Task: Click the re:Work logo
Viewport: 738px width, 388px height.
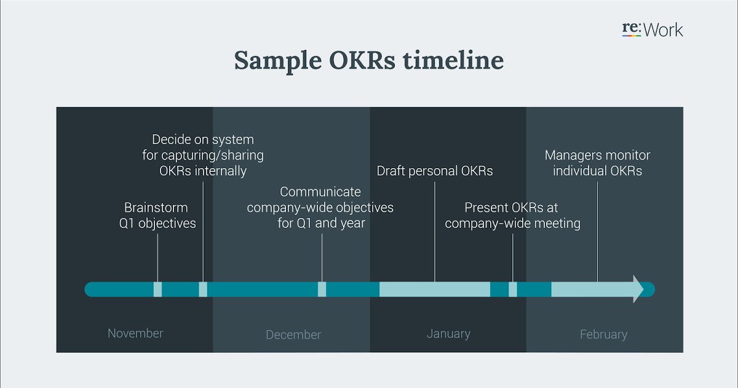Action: (x=653, y=30)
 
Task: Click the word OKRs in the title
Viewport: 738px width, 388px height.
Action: (x=362, y=60)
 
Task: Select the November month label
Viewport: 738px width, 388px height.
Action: (x=135, y=333)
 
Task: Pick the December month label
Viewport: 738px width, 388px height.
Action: (x=293, y=334)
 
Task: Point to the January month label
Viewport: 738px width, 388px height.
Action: (x=448, y=334)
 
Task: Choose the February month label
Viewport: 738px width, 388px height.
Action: (x=603, y=334)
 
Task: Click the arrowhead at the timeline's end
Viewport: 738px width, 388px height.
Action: (x=638, y=289)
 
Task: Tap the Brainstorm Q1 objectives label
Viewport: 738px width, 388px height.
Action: (x=157, y=216)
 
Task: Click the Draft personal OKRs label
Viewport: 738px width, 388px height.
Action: (x=435, y=171)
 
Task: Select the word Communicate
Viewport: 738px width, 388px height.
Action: (x=320, y=192)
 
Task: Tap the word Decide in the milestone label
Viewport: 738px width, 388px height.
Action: (x=170, y=140)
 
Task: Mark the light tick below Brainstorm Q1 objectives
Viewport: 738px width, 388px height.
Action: (x=157, y=289)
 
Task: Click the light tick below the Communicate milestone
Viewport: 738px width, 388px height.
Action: (x=322, y=289)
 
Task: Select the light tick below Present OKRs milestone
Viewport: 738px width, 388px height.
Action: (x=513, y=289)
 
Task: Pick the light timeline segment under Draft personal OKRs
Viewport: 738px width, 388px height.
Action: (x=435, y=289)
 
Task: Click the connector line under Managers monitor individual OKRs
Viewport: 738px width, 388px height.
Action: (x=597, y=232)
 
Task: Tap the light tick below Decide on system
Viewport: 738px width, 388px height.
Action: (x=203, y=289)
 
